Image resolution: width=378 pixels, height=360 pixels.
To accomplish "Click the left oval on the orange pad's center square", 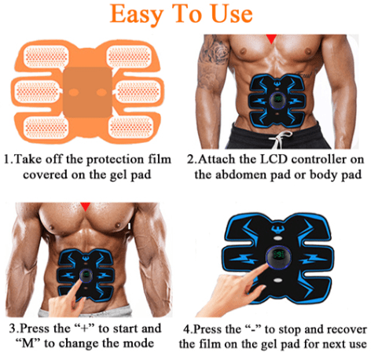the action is point(73,92).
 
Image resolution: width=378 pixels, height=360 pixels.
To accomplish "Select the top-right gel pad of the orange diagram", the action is point(129,57).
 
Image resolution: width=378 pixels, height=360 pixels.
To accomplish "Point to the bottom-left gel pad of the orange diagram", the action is point(46,127).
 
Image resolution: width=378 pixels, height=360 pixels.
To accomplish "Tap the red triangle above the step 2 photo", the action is point(272,39).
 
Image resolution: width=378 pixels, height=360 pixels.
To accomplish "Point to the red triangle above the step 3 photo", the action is point(85,206).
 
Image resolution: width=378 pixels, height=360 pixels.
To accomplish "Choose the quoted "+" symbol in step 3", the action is point(84,329).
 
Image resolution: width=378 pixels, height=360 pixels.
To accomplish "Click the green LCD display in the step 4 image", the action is point(278,254).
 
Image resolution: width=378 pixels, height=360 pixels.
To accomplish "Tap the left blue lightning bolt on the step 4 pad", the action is point(244,259).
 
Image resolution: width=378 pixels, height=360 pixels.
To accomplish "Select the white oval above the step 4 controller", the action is point(277,238).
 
